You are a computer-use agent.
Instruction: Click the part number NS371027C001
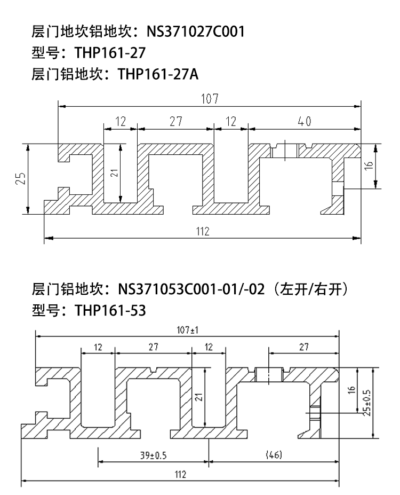[x=195, y=32]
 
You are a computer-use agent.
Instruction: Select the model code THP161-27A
[x=158, y=74]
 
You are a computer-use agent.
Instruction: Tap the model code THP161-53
[x=110, y=310]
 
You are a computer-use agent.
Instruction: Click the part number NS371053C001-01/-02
[x=191, y=289]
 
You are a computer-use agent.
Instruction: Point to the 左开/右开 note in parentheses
[x=310, y=289]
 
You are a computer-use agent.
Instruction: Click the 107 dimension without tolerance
[x=210, y=99]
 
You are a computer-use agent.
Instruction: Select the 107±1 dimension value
[x=188, y=330]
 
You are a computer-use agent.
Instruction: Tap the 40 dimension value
[x=305, y=122]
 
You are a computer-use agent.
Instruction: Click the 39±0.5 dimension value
[x=153, y=455]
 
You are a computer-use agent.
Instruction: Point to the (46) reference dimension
[x=274, y=455]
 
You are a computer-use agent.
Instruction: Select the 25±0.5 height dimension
[x=367, y=403]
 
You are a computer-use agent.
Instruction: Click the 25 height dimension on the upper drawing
[x=21, y=178]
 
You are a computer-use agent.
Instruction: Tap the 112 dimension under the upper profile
[x=203, y=231]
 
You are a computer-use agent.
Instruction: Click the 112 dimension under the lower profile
[x=180, y=475]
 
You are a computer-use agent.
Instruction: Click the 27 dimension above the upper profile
[x=176, y=121]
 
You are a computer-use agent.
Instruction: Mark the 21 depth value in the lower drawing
[x=198, y=397]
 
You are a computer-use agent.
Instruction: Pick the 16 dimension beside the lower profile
[x=352, y=390]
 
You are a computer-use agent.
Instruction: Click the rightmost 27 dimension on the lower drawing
[x=304, y=347]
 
